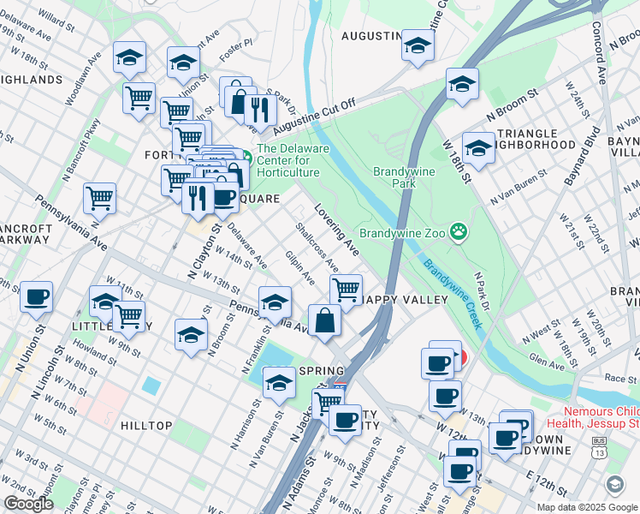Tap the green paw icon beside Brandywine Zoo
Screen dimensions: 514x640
[459, 230]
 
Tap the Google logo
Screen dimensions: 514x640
[28, 504]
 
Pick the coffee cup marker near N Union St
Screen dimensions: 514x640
[37, 297]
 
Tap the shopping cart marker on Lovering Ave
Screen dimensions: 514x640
[346, 290]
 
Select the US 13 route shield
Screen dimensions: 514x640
[598, 446]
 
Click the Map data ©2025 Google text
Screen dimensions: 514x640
[588, 506]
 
